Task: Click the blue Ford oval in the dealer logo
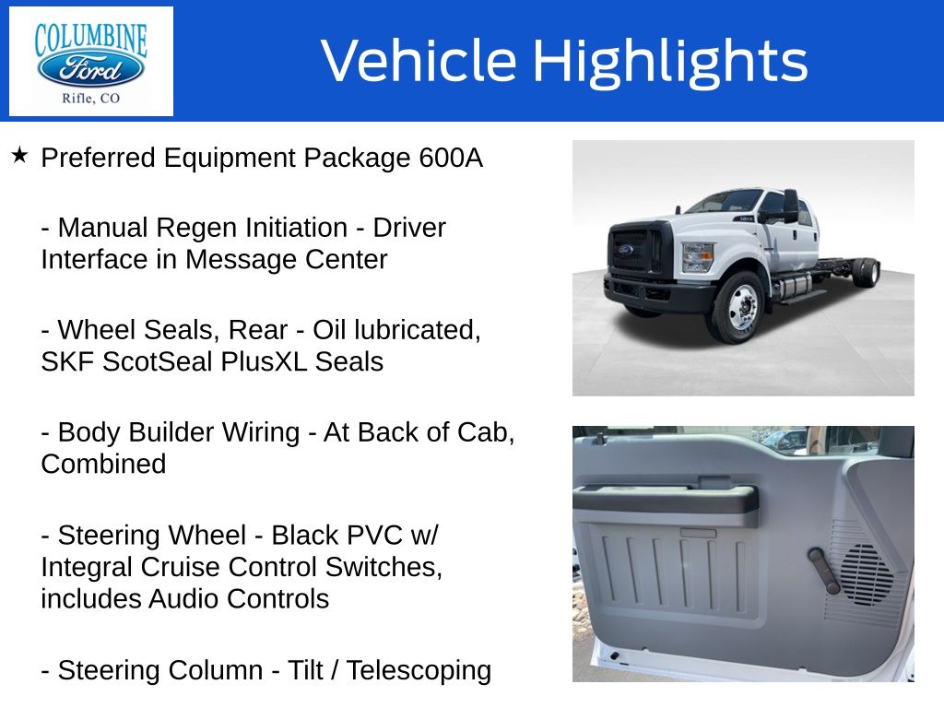click(x=91, y=68)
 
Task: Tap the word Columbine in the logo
click(x=91, y=39)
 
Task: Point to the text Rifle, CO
click(x=91, y=98)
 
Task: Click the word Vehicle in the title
click(x=419, y=60)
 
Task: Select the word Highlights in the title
click(x=671, y=62)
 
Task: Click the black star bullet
click(x=19, y=155)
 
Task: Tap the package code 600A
click(x=451, y=158)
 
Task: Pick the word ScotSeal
click(x=160, y=361)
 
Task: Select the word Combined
click(x=103, y=465)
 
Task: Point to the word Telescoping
click(x=419, y=671)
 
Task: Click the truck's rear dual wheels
click(x=866, y=273)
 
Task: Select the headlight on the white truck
click(x=697, y=257)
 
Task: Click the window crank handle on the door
click(x=824, y=570)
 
